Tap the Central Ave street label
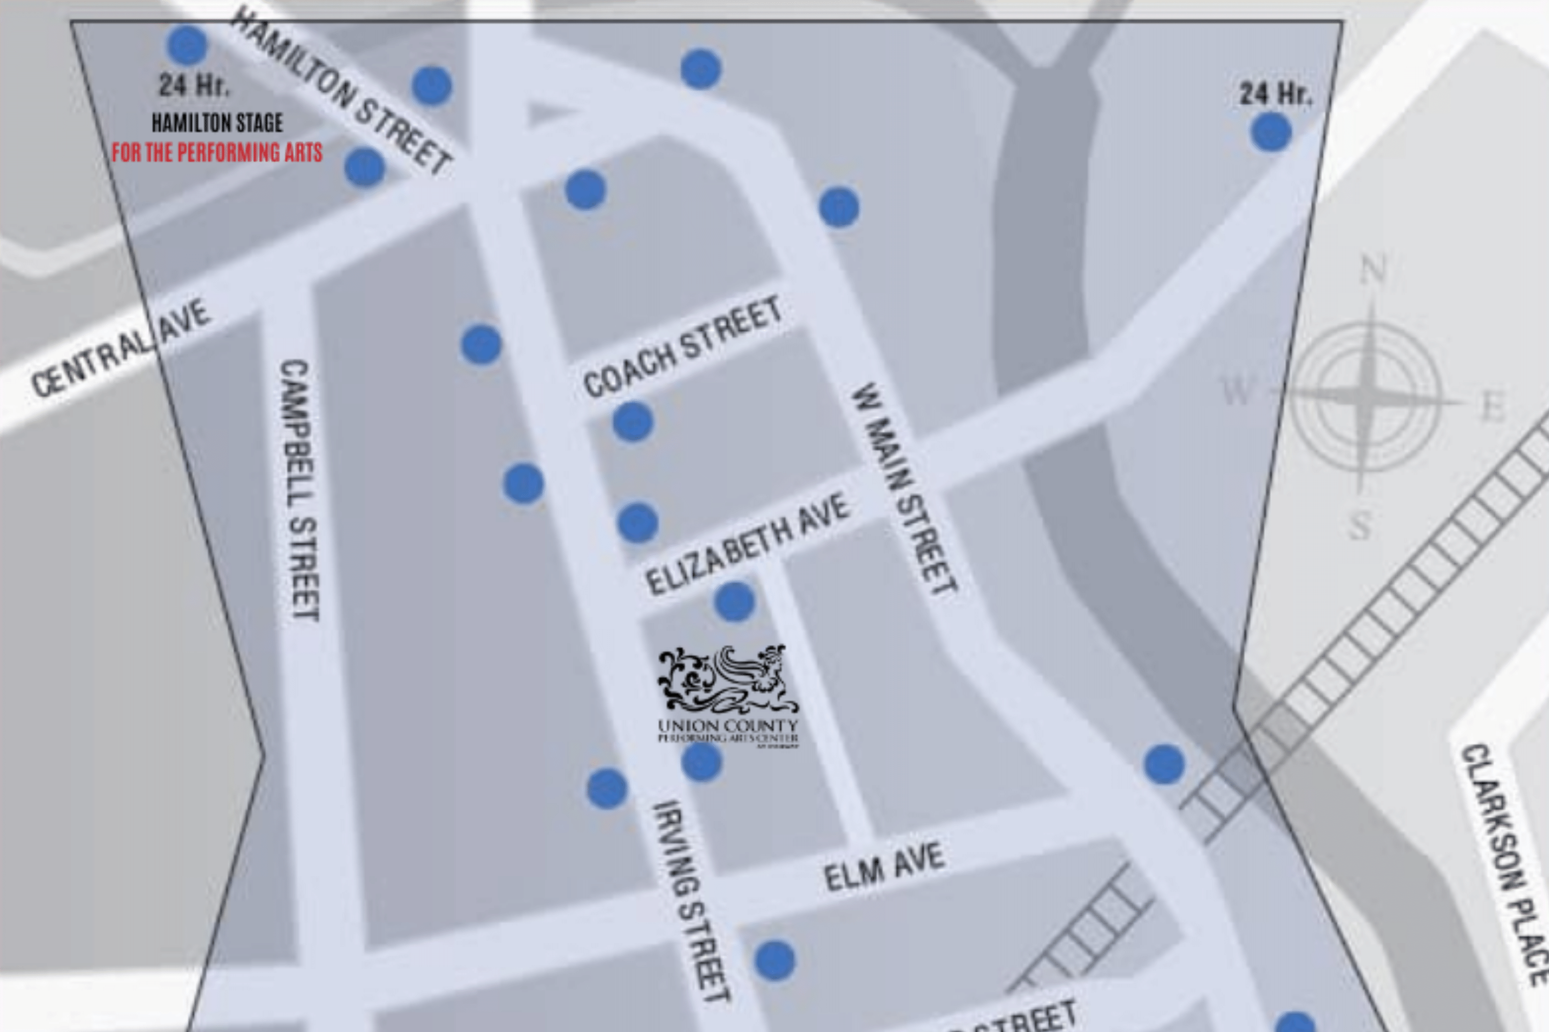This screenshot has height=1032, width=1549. click(122, 349)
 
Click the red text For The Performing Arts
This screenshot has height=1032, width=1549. click(217, 152)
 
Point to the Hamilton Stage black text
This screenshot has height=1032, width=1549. click(217, 123)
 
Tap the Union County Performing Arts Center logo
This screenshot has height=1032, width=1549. click(728, 695)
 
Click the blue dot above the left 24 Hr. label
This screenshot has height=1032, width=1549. click(187, 45)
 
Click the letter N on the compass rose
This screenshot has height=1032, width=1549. click(1373, 270)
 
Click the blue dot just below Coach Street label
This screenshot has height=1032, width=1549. click(633, 421)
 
